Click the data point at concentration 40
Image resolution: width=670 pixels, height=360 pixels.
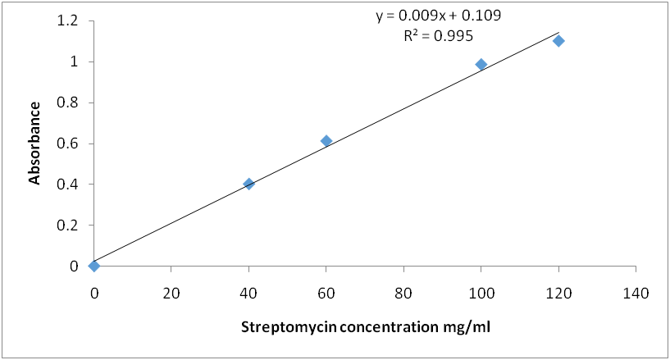(x=248, y=184)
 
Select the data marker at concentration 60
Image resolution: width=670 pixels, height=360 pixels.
(x=326, y=141)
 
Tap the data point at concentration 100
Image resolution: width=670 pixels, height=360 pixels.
(x=481, y=64)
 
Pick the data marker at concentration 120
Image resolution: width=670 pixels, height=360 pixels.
(x=558, y=41)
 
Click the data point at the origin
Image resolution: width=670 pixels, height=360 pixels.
(x=94, y=266)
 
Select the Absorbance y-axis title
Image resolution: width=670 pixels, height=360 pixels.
(x=35, y=143)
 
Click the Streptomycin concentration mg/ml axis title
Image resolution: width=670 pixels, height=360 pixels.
(x=365, y=326)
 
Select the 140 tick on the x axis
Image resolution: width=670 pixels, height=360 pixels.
(x=636, y=293)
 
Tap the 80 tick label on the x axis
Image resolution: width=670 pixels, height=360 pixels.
(x=403, y=293)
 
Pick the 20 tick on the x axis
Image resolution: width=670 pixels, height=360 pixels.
(x=171, y=293)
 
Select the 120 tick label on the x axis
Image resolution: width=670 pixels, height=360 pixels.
(x=558, y=293)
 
